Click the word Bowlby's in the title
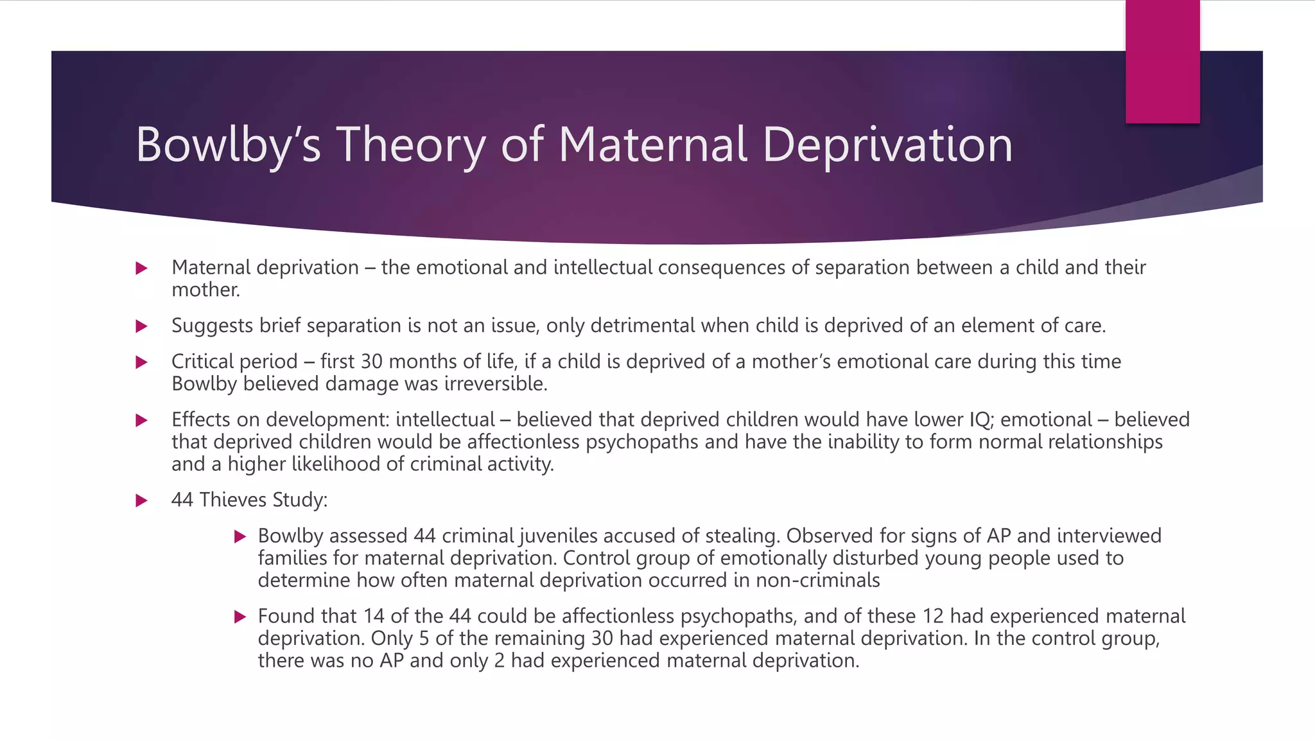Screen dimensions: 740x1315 click(228, 145)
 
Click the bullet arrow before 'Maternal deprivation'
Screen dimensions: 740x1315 click(142, 269)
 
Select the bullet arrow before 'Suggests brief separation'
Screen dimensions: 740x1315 click(142, 326)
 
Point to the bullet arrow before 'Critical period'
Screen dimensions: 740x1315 click(142, 362)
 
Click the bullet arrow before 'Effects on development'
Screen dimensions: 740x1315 click(142, 421)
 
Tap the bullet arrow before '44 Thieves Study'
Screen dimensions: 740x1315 click(142, 500)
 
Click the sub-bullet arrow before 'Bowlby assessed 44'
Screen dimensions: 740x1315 click(240, 536)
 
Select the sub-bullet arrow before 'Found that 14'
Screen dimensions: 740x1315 click(240, 617)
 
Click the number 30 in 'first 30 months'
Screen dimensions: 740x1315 click(371, 362)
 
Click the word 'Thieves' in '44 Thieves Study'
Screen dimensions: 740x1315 click(233, 500)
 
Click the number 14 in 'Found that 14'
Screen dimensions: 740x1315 click(373, 616)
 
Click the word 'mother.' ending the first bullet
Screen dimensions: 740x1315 click(205, 290)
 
